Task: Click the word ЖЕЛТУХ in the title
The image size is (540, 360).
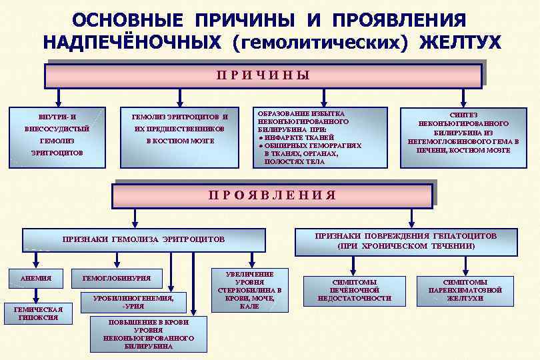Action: (460, 42)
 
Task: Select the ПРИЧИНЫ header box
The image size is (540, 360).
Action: (263, 75)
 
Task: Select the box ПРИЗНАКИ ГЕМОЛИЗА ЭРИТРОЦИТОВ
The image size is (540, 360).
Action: (143, 239)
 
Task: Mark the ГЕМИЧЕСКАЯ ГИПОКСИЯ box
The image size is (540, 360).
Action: (38, 313)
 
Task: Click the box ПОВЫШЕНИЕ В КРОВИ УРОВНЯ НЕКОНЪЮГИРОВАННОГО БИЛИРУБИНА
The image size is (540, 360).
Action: (148, 334)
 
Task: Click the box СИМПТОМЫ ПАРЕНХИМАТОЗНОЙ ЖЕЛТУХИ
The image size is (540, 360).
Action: (465, 290)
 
